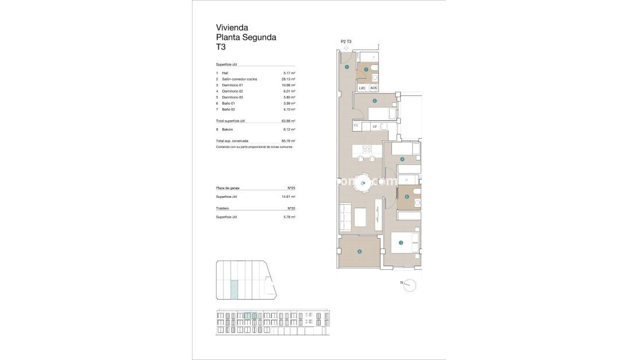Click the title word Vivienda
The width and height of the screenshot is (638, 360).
(x=232, y=27)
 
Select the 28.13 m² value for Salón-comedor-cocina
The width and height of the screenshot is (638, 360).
(x=289, y=79)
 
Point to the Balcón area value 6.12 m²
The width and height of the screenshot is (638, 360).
(x=289, y=129)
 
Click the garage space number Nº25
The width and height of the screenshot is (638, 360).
(x=291, y=188)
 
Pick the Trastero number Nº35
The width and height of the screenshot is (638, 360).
(x=291, y=208)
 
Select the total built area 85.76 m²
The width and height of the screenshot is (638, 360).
(x=289, y=141)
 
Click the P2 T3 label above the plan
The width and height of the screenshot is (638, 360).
(x=346, y=41)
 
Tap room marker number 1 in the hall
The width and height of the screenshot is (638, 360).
(x=347, y=67)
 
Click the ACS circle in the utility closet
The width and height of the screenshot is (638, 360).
(x=374, y=88)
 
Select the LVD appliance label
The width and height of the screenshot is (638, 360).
(x=362, y=88)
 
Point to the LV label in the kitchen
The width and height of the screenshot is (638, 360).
(x=374, y=126)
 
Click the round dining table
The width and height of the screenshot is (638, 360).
(x=363, y=183)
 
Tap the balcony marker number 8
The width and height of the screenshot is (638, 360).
(x=359, y=251)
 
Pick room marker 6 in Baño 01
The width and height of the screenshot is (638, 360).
(x=407, y=197)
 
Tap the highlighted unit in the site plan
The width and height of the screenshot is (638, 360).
(x=235, y=289)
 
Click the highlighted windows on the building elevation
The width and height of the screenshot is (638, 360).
(x=250, y=315)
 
